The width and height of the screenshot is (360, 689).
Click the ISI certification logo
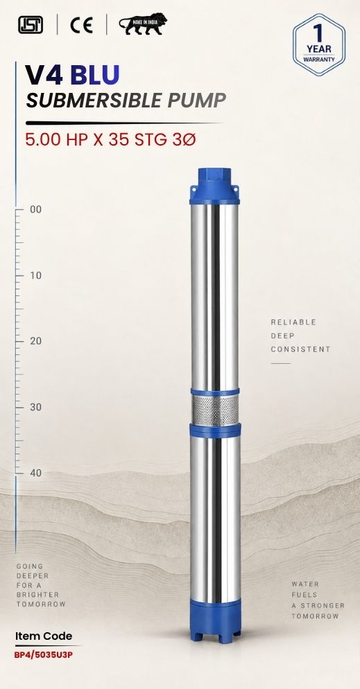(31, 25)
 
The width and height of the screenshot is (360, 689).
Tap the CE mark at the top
(81, 25)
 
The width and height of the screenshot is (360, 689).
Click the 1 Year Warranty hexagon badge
(318, 45)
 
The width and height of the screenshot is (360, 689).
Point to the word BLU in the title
(94, 75)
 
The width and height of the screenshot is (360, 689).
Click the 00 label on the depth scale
(35, 209)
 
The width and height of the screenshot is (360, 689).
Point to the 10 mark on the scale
(35, 275)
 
